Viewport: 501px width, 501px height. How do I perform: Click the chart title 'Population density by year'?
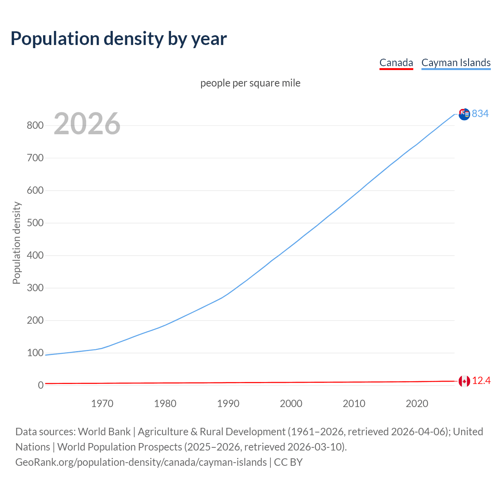click(119, 39)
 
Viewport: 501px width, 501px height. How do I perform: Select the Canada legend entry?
click(396, 63)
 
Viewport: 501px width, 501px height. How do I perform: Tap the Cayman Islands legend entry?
click(456, 63)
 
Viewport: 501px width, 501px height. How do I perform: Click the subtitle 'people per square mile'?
click(250, 83)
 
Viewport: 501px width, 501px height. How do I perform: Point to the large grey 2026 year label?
click(87, 124)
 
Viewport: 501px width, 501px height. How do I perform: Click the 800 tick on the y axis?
click(35, 126)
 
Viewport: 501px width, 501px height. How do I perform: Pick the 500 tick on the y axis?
click(35, 223)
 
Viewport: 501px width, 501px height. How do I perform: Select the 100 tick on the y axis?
click(35, 353)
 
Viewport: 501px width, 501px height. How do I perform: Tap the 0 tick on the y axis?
click(40, 386)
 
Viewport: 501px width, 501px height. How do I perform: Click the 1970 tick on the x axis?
click(102, 404)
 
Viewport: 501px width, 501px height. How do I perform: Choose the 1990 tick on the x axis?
click(228, 404)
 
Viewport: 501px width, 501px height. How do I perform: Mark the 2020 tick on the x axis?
click(417, 404)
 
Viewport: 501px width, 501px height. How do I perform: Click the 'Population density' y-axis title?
click(16, 243)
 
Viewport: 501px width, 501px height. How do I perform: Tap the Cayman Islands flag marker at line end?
click(464, 114)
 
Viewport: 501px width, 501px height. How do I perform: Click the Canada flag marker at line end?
click(464, 381)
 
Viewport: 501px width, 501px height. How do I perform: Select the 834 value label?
click(480, 114)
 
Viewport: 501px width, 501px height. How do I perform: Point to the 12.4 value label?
click(481, 381)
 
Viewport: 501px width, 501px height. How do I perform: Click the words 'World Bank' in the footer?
click(104, 432)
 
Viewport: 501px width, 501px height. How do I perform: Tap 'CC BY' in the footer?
click(288, 462)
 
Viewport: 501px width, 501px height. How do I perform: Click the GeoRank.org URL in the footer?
click(141, 462)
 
